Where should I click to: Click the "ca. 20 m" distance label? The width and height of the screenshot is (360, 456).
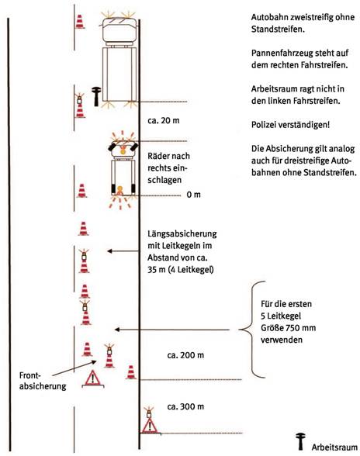coord(163,120)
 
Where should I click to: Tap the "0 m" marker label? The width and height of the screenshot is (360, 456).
coord(193,195)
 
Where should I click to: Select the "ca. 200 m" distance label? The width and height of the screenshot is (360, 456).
coord(185,355)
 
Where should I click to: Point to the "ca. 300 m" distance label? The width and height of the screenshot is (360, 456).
coord(185,406)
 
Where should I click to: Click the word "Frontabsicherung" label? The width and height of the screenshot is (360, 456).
coord(43,381)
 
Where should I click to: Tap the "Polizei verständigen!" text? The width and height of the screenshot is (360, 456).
coord(290,125)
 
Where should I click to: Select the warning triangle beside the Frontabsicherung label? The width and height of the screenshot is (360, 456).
coord(93,378)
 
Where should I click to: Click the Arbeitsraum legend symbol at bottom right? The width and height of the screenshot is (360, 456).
coord(300,441)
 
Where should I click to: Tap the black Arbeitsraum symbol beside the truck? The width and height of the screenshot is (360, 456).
coord(95,96)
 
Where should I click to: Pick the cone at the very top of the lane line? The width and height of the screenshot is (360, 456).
coord(79,22)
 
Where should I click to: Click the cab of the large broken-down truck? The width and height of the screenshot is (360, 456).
coord(119,30)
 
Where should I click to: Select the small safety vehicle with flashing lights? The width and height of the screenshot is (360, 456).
coord(123,170)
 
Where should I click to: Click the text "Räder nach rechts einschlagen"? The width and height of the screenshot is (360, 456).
coord(168,168)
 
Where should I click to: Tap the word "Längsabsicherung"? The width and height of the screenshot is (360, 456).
coord(182,233)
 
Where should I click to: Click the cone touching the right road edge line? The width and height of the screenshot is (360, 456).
coord(131,372)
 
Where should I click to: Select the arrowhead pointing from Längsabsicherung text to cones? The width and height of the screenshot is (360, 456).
coord(109,251)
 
